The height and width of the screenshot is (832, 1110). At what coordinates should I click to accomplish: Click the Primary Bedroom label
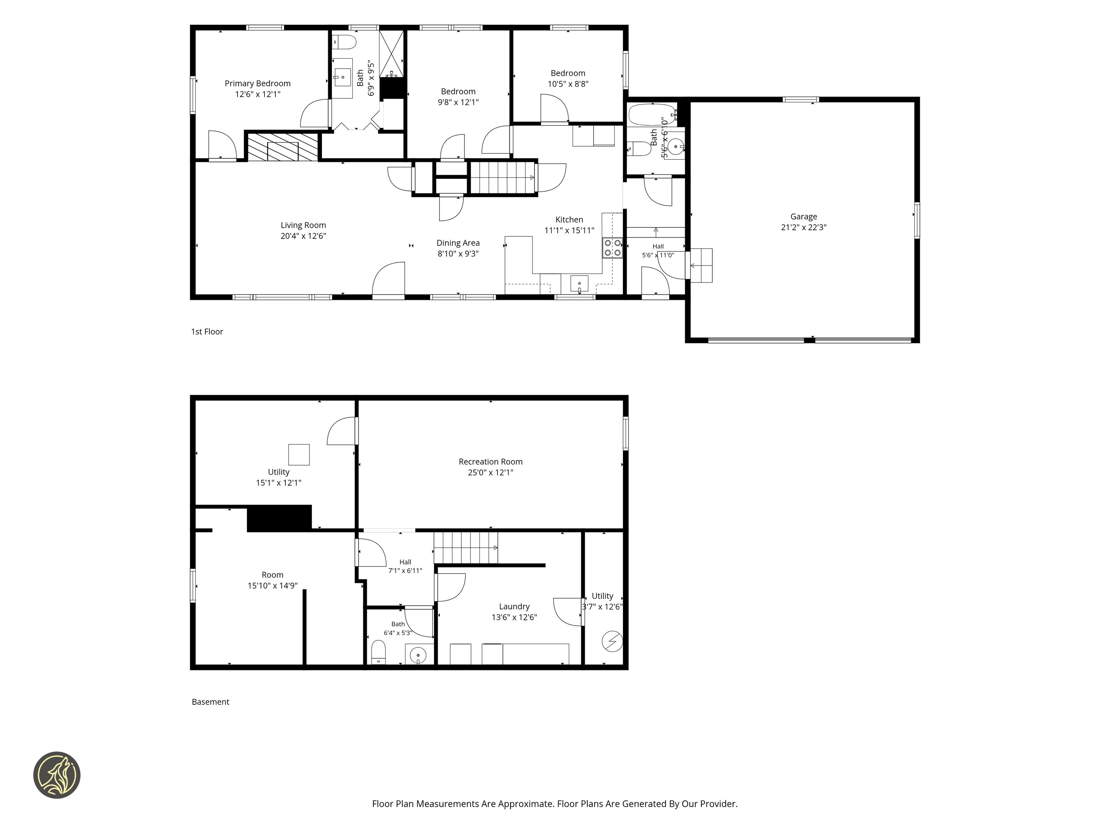pos(257,83)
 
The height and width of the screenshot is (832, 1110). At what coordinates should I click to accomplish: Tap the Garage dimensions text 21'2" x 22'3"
pos(803,227)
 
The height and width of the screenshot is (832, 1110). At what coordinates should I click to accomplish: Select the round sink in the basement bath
pos(418,655)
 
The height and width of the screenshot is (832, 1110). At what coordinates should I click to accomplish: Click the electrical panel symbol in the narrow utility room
pos(612,641)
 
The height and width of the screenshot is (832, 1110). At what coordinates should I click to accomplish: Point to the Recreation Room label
pos(490,461)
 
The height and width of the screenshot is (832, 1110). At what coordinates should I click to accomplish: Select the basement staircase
pos(466,548)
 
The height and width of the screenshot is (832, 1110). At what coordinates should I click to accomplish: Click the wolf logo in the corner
pos(57,775)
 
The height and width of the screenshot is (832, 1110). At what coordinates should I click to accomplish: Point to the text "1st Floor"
pos(207,331)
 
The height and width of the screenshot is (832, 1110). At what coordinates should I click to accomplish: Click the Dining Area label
pos(458,243)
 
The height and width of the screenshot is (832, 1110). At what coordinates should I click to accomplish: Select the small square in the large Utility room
pos(299,454)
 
